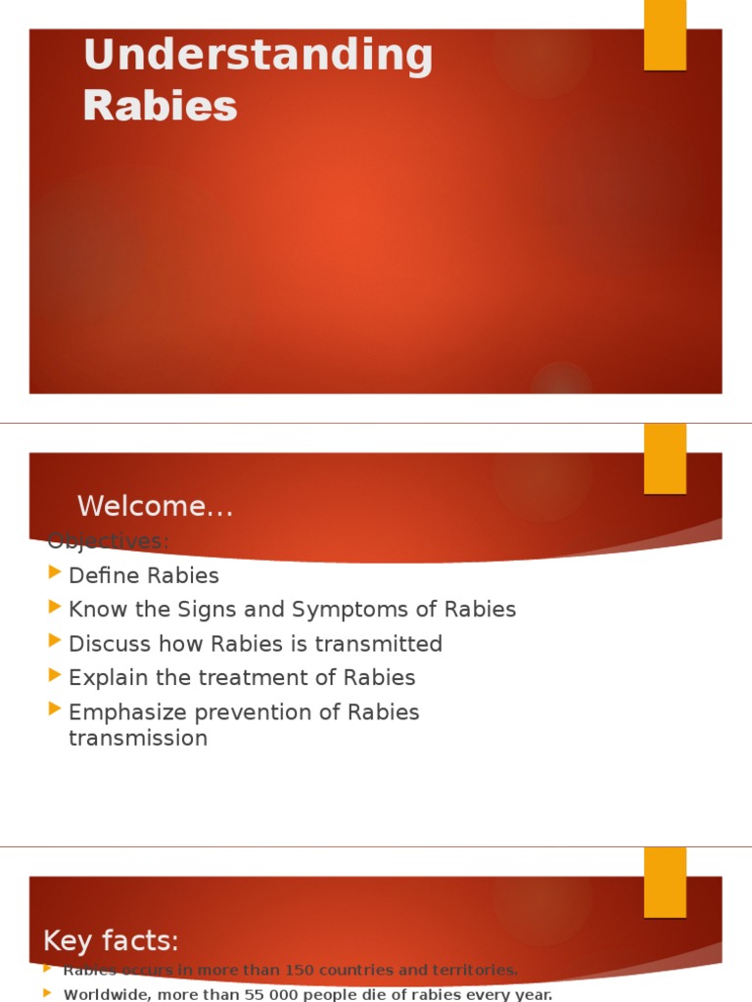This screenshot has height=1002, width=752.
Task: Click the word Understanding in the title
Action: pyautogui.click(x=258, y=57)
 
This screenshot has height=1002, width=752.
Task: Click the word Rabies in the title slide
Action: pyautogui.click(x=160, y=105)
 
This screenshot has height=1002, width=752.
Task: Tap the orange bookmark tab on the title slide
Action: pyautogui.click(x=665, y=35)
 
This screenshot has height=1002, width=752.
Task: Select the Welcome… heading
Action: pyautogui.click(x=155, y=507)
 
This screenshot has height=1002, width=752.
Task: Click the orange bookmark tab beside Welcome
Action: pyautogui.click(x=665, y=459)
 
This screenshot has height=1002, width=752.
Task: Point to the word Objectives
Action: pyautogui.click(x=108, y=540)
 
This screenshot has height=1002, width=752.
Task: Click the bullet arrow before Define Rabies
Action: pyautogui.click(x=55, y=574)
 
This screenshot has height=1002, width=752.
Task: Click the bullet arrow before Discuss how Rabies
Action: pyautogui.click(x=55, y=643)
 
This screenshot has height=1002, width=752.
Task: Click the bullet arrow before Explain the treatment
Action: pyautogui.click(x=55, y=677)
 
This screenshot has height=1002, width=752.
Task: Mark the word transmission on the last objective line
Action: pyautogui.click(x=138, y=738)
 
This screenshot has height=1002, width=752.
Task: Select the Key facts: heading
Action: pyautogui.click(x=111, y=941)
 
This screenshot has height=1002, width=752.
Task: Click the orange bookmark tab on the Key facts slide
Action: pyautogui.click(x=665, y=883)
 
